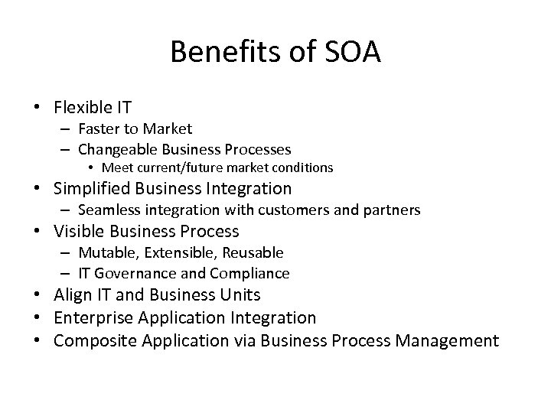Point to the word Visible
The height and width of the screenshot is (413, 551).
point(80,231)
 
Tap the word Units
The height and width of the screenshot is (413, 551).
point(238,295)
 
